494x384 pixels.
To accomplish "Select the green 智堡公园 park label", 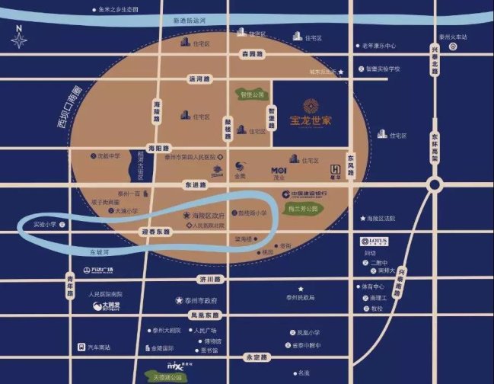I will [x=250, y=95].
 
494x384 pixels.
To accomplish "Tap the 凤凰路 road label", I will [x=204, y=315].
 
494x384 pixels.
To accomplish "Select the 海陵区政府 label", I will [x=204, y=216].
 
